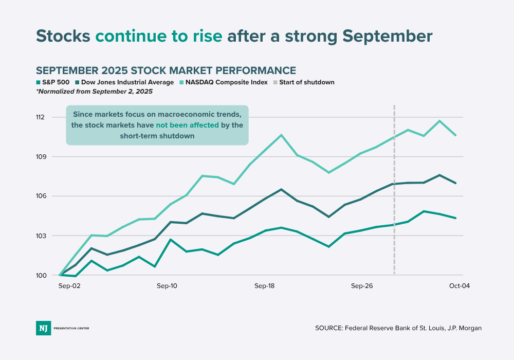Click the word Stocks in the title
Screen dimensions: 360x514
(x=63, y=36)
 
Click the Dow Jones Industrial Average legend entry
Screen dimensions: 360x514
(x=123, y=82)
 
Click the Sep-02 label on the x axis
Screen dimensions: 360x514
(x=68, y=285)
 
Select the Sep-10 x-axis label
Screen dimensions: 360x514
(x=167, y=285)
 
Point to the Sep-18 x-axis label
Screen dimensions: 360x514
(x=265, y=285)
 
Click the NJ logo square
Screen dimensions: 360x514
(x=43, y=328)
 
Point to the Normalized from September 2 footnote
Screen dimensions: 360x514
(x=94, y=92)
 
